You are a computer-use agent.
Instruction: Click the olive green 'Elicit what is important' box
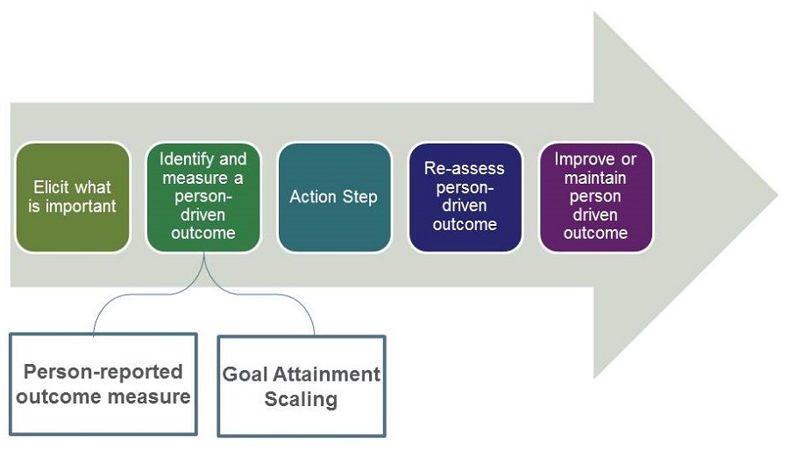click(73, 197)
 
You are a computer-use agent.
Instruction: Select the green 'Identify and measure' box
click(203, 197)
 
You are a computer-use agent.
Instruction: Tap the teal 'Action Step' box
click(334, 197)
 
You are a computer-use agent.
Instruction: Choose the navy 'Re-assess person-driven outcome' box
click(466, 197)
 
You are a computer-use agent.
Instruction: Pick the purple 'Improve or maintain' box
click(596, 197)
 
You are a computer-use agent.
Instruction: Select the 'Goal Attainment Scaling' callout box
click(301, 386)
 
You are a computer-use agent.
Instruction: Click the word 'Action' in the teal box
click(314, 196)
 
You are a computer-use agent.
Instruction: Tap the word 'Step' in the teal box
click(360, 196)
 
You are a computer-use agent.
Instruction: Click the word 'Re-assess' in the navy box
click(465, 168)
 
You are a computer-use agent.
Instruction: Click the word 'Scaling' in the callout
click(302, 400)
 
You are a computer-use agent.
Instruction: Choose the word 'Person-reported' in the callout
click(103, 371)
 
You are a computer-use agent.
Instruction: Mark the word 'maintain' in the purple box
click(595, 178)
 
